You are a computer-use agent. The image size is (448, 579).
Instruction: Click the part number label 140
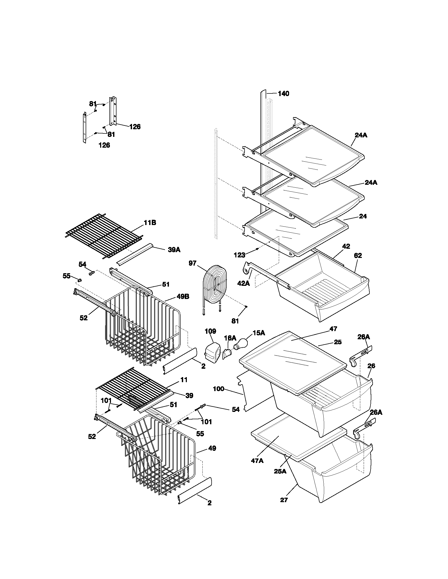point(284,94)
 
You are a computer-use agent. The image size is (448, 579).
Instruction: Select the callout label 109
point(210,331)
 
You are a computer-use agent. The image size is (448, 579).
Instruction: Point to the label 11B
point(150,223)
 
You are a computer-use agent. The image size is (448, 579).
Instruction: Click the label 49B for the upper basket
point(183,297)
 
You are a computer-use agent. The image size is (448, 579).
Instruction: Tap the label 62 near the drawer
point(358,256)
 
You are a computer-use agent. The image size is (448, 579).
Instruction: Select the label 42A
point(244,283)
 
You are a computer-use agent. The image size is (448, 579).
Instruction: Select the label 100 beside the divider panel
point(219,389)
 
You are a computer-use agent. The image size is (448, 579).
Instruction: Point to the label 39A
point(174,250)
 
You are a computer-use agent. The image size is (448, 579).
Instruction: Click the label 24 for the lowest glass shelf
point(363,216)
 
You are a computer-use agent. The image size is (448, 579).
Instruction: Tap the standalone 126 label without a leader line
point(104,145)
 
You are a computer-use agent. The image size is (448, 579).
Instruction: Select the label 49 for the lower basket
point(212,448)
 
